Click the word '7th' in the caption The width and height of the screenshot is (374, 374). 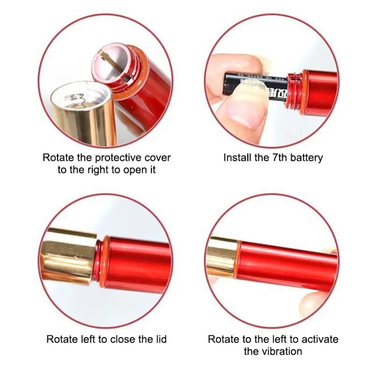point(280,158)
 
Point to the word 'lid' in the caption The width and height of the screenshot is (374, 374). point(161,339)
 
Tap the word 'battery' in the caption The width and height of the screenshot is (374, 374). point(307,158)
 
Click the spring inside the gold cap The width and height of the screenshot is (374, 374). point(76,98)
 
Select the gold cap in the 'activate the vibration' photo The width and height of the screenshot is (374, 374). point(222,258)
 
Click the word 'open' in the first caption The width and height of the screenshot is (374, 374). point(134,170)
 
